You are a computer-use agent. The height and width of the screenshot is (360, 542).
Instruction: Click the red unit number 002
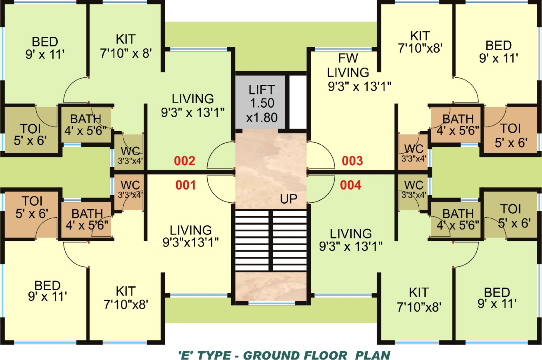point(184,161)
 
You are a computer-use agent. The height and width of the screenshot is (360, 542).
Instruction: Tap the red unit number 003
point(352,161)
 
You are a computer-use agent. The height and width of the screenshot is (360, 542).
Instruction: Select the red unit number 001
point(186,185)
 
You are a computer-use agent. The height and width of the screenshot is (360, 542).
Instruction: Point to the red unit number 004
point(350,185)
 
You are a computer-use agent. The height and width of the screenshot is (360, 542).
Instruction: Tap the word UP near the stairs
point(288,199)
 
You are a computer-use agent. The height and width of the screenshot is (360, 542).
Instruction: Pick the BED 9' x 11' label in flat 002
point(45,48)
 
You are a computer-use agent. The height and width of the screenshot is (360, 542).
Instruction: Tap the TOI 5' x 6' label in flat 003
point(511,135)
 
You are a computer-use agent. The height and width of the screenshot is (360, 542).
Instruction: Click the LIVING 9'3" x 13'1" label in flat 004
point(350,240)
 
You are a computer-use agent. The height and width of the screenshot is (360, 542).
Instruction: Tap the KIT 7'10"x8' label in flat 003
point(420,42)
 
